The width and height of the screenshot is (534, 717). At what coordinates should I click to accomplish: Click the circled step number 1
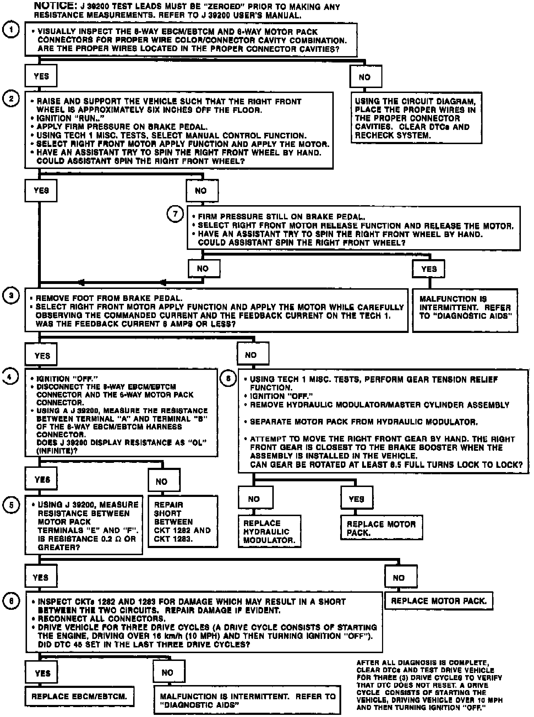11,30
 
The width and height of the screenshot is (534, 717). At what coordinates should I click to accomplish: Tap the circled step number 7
175,214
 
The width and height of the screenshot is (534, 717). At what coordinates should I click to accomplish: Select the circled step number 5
11,505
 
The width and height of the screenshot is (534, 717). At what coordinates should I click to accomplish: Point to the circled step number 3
11,296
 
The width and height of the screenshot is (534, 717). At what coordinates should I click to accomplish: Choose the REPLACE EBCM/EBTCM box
79,696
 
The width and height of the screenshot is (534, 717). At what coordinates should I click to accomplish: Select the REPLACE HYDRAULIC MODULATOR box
269,531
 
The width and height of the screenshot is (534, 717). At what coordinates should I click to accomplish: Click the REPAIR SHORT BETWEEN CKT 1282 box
182,521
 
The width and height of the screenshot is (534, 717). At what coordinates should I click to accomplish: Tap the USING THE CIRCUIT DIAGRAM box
416,118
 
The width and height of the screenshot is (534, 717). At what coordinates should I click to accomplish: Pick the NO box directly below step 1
365,77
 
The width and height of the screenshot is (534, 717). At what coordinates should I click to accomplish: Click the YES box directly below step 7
429,269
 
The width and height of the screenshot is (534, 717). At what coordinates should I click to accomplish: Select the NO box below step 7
203,269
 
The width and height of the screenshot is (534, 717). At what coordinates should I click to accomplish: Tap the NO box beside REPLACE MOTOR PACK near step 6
400,578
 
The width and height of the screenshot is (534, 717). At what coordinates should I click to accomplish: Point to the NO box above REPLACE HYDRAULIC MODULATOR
255,499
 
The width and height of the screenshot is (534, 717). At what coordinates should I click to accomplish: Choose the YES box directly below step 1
41,76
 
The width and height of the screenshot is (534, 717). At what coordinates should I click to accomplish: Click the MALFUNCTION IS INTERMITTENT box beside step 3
465,308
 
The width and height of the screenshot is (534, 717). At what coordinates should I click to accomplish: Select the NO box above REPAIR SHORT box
163,481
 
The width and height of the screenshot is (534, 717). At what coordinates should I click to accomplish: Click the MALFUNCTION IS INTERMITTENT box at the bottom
247,700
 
